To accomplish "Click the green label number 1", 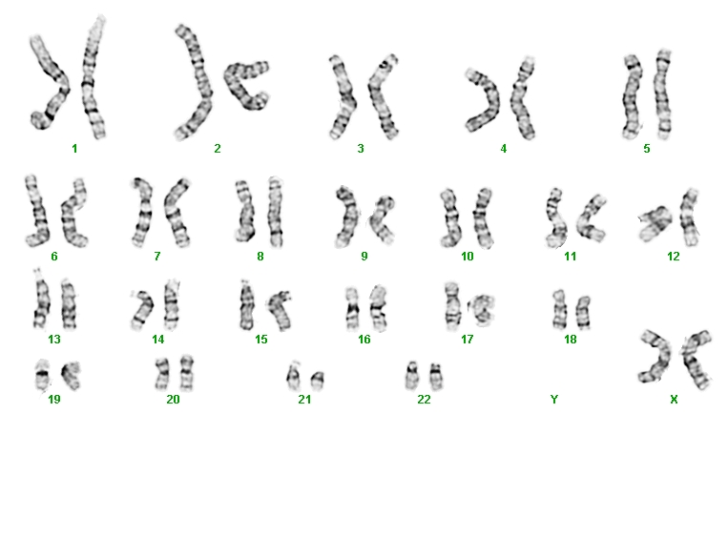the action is [x=74, y=149].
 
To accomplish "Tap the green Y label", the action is [x=554, y=399].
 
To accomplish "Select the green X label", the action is [x=674, y=399].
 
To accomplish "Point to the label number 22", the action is [x=424, y=399].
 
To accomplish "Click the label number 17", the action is [x=468, y=340].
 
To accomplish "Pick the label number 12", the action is [x=674, y=257].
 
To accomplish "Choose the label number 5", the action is [x=647, y=149].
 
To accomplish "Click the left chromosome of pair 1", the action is [x=51, y=88].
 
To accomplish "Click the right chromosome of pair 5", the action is [x=663, y=94].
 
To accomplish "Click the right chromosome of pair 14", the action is [x=172, y=304].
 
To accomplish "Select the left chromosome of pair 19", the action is [x=42, y=374].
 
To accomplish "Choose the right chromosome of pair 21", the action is [x=317, y=381].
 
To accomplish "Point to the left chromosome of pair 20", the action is [x=162, y=374].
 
